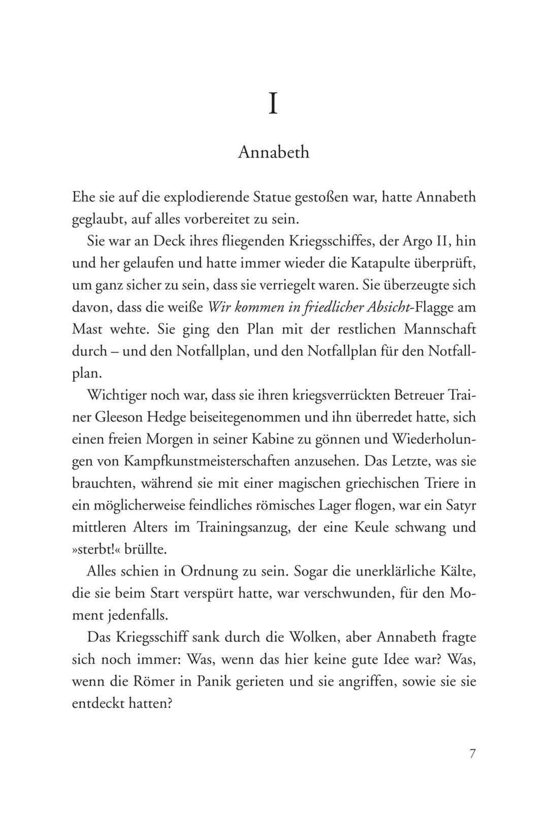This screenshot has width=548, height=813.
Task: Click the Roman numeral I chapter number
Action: pos(273,104)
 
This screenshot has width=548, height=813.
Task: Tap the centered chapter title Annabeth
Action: pos(274,152)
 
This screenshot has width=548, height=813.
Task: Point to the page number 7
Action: pos(472,754)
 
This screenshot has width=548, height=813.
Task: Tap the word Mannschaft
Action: pos(440,329)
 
